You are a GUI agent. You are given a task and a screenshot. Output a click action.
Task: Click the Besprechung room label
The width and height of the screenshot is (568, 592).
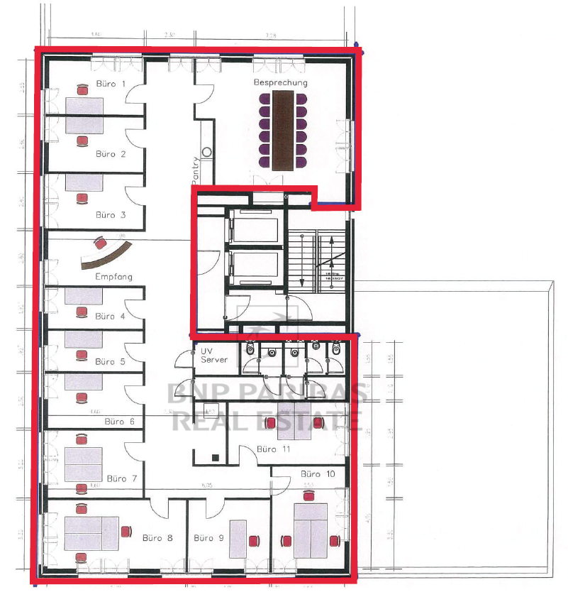[x=281, y=83]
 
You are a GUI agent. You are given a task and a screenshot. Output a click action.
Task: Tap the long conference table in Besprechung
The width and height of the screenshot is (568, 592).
[x=282, y=132]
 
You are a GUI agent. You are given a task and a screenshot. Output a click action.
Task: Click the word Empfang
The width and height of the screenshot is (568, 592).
[x=114, y=276]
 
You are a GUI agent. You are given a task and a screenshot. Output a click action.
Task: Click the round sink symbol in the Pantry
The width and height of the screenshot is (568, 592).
[x=207, y=151]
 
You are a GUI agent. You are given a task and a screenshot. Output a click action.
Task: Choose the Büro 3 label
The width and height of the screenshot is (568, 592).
[x=111, y=214]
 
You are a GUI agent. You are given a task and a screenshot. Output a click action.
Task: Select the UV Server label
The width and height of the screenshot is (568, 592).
[x=214, y=356]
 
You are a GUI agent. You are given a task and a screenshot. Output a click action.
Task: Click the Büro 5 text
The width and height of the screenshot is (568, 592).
[x=110, y=361]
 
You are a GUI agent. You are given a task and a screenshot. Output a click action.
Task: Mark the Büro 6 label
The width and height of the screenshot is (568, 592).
[x=119, y=421]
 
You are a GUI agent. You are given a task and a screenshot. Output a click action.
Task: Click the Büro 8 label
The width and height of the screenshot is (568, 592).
[x=157, y=537]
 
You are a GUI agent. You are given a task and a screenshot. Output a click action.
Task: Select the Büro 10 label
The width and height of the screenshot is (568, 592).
[x=316, y=473]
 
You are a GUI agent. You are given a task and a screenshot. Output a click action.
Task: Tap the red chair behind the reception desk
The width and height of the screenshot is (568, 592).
[x=99, y=240]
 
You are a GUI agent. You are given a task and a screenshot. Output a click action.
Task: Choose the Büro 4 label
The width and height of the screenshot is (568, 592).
[x=110, y=316]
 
